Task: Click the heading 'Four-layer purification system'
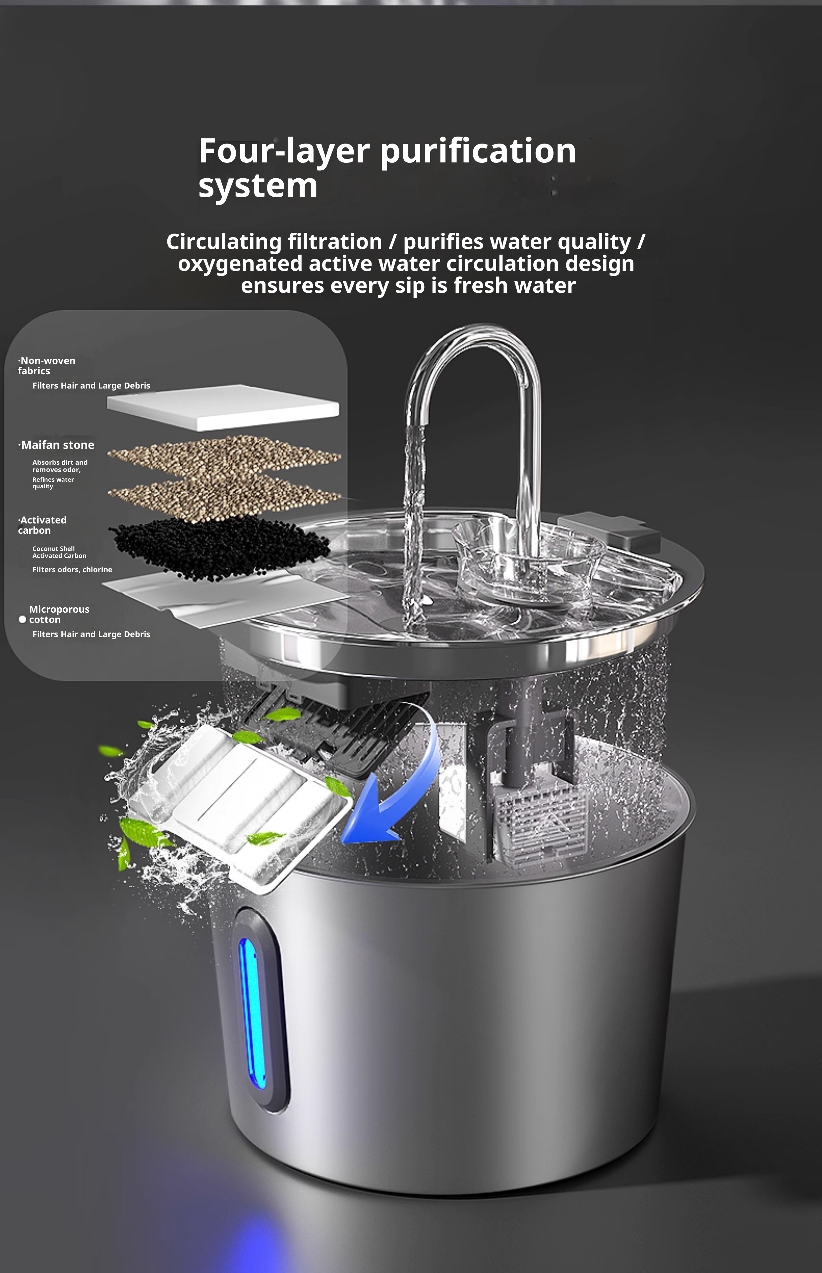[387, 168]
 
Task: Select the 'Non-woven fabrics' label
[47, 366]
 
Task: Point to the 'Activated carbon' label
[42, 525]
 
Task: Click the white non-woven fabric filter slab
[223, 407]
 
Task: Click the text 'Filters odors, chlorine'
[72, 570]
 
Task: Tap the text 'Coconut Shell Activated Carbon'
[59, 552]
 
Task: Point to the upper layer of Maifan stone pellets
[224, 454]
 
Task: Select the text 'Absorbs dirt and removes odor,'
[60, 466]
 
